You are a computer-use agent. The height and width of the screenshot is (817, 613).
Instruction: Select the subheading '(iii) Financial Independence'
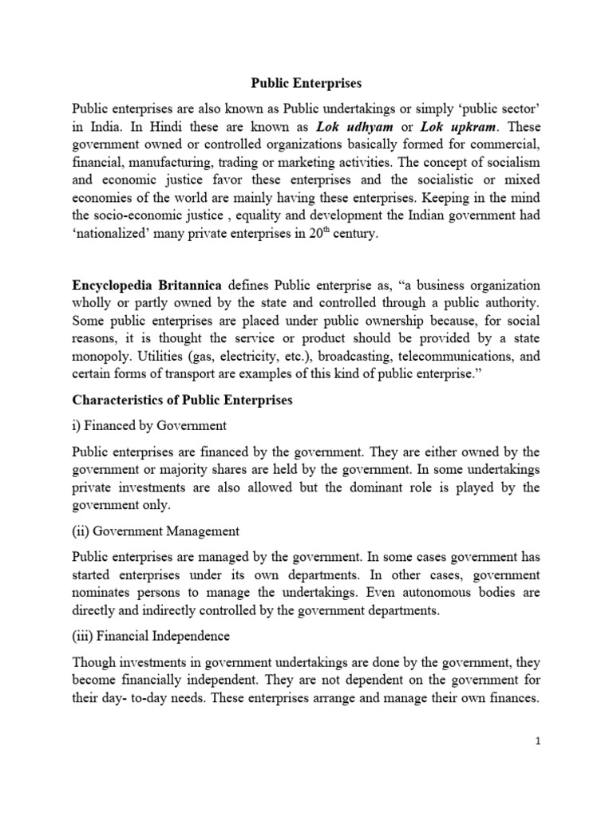[151, 636]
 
